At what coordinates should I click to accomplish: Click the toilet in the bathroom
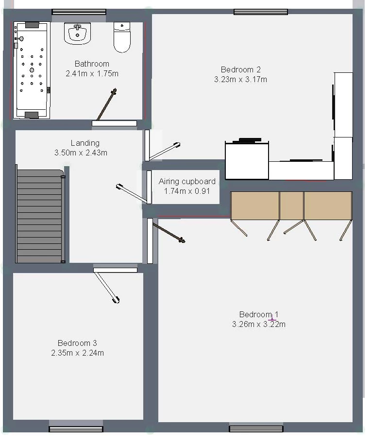[x=122, y=37]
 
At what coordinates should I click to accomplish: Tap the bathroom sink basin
[x=77, y=34]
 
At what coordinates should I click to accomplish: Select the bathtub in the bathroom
[x=32, y=70]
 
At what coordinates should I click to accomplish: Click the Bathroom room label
[x=92, y=64]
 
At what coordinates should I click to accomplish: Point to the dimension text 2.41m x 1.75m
[x=92, y=74]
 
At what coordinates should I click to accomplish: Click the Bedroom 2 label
[x=240, y=69]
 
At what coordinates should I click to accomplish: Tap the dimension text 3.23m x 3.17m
[x=240, y=80]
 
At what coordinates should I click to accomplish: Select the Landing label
[x=85, y=143]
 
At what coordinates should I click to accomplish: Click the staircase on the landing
[x=40, y=215]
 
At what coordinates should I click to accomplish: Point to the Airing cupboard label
[x=187, y=181]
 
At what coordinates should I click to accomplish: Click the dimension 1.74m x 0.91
[x=187, y=191]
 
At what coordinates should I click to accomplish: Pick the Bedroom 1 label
[x=259, y=314]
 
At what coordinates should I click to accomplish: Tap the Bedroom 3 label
[x=77, y=343]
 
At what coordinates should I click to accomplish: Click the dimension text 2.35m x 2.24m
[x=77, y=353]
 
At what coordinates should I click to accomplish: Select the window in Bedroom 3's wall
[x=76, y=429]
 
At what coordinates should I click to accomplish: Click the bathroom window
[x=79, y=12]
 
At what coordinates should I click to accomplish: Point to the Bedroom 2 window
[x=261, y=12]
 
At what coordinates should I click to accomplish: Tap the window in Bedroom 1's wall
[x=256, y=428]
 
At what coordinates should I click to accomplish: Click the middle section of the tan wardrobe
[x=291, y=206]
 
